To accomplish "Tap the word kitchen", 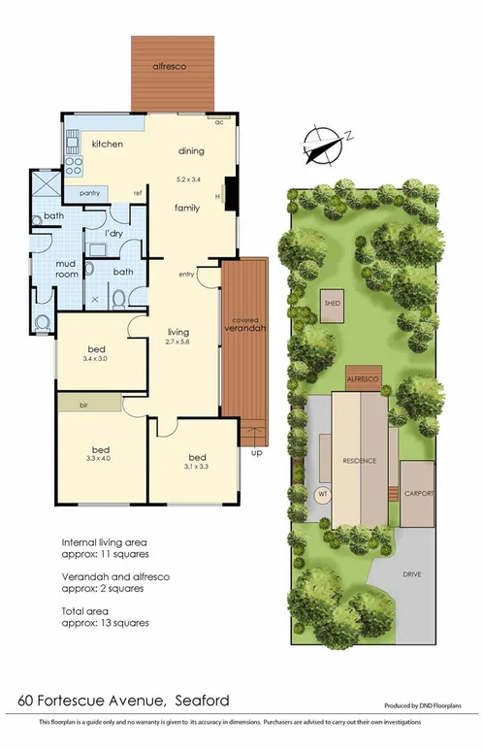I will click(x=108, y=144).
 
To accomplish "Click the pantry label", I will click(x=90, y=192).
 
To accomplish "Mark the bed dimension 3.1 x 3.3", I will click(x=198, y=467).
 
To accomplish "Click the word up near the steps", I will click(x=255, y=452).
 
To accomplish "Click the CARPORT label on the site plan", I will click(x=418, y=493).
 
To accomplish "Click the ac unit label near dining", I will click(x=219, y=122).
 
